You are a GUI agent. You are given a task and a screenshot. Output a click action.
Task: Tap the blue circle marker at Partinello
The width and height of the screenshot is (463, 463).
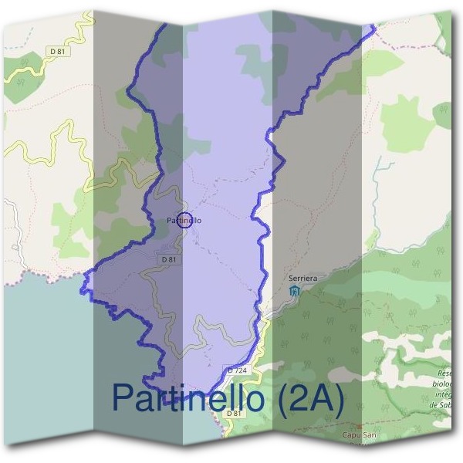point(184,221)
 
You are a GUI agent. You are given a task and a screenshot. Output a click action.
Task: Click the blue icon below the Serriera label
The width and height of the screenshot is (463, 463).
point(293,290)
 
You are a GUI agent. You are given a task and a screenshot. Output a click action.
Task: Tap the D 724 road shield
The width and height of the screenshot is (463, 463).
point(238,371)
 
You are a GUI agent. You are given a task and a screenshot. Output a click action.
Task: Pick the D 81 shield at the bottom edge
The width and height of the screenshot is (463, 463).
point(234,414)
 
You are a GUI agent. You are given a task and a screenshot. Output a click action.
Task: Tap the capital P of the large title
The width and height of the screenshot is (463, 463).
point(123,398)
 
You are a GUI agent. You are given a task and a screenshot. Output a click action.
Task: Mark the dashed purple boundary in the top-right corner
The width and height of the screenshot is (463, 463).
point(417,43)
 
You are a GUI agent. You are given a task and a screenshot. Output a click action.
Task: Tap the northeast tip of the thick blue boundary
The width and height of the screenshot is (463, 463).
point(374,28)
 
